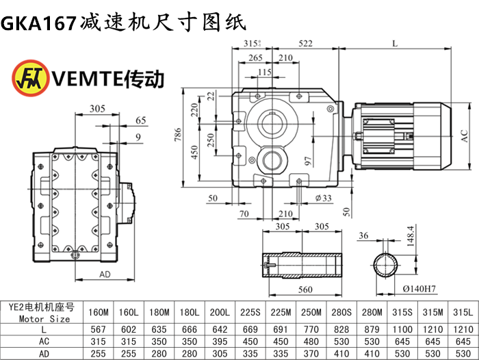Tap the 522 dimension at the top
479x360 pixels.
pos(305,44)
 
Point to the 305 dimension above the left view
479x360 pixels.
pos(96,109)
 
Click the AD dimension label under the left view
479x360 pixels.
pos(105,274)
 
